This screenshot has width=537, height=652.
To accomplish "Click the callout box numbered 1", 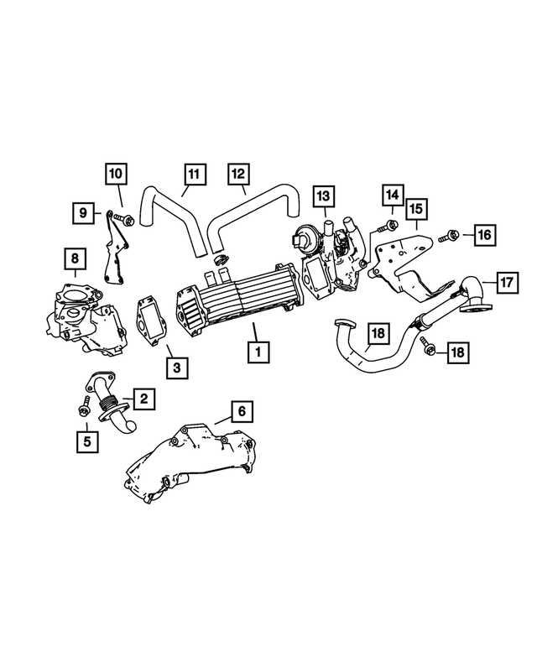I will [258, 351].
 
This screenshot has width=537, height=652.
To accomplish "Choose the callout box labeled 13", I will [323, 196].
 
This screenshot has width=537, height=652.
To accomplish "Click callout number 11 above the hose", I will [194, 175].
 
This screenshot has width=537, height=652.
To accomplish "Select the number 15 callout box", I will [417, 209].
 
